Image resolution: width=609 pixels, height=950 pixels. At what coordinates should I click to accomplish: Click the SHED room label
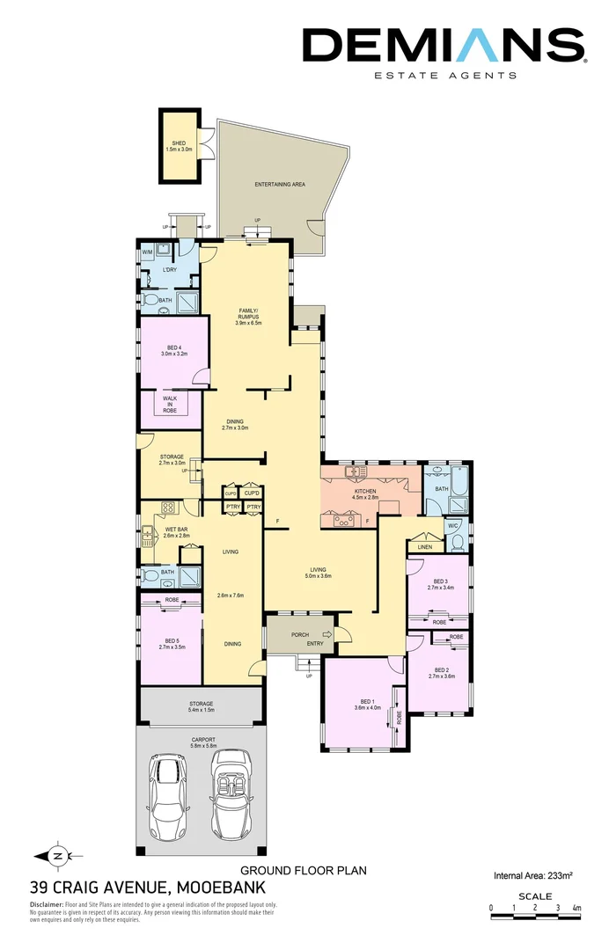179,142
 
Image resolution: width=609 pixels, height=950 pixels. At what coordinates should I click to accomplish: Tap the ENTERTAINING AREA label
280,185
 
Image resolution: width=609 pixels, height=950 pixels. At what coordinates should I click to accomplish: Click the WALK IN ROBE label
170,405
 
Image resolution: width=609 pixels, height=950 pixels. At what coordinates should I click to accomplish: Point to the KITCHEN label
365,491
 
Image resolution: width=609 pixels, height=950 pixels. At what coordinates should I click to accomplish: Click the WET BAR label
177,529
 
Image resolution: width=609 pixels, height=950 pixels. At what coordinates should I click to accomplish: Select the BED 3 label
441,581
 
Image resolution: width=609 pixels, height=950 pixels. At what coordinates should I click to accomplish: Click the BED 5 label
172,640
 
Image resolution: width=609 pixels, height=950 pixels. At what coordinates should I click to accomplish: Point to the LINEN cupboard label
426,547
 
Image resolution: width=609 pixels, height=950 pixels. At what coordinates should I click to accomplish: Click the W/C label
454,526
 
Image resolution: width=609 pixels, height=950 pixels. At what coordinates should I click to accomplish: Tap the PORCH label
300,633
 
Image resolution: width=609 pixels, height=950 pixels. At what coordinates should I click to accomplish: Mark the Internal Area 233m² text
533,875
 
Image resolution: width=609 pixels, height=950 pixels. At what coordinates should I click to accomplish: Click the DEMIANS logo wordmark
443,46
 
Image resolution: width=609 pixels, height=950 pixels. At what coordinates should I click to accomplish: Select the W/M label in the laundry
148,252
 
